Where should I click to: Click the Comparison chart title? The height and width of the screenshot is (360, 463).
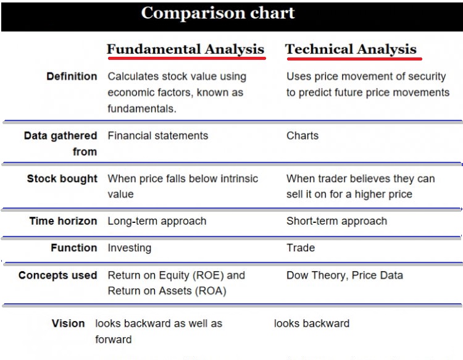(218, 13)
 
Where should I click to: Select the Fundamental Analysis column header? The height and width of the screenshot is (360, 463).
(185, 49)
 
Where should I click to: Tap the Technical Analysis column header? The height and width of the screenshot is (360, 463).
(351, 49)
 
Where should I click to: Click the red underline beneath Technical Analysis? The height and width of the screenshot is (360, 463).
(354, 59)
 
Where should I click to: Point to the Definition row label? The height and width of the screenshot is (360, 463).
(72, 76)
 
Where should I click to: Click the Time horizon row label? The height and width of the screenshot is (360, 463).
(63, 221)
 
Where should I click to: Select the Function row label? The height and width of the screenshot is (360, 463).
(74, 248)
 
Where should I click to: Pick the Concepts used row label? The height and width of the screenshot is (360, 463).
(57, 275)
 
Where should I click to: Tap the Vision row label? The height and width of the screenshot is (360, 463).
(68, 324)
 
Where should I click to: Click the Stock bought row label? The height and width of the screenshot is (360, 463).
(62, 178)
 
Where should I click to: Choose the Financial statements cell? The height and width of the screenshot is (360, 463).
(158, 136)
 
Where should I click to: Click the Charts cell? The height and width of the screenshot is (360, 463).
(302, 136)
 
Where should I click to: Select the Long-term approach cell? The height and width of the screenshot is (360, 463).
(157, 221)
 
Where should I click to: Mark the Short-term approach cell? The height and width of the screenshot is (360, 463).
(337, 221)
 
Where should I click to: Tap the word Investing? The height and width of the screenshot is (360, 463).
(130, 248)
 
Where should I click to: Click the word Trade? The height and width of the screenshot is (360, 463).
(301, 248)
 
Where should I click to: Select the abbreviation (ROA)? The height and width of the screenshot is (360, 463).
(211, 291)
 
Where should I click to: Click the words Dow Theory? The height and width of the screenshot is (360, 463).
(315, 275)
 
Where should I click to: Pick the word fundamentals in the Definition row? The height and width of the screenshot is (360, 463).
(142, 109)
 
